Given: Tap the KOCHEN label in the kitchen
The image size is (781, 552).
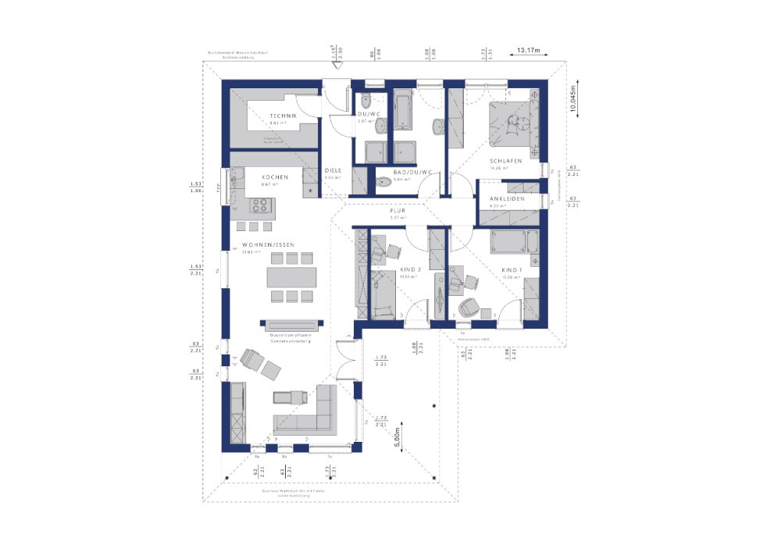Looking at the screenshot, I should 274,177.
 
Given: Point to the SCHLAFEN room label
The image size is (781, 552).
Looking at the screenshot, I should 505,160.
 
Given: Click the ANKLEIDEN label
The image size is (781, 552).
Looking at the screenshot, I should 508,199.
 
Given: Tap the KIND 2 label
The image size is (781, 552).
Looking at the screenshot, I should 410,269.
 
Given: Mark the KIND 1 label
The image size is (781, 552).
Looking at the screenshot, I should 511,269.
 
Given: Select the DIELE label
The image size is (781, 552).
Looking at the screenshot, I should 333,169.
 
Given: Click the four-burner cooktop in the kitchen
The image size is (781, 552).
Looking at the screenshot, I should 261,205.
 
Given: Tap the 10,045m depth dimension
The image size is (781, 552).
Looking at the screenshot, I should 575,101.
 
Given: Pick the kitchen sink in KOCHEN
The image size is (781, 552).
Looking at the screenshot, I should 233,182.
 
